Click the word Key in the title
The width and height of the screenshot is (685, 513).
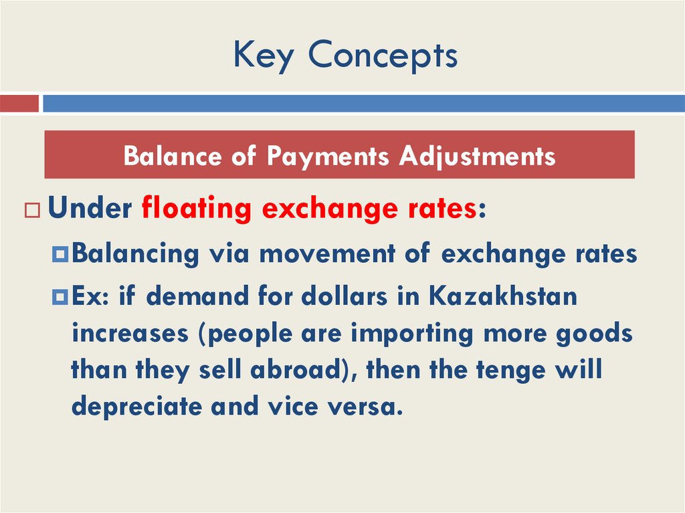263,56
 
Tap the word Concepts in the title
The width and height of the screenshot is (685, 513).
383,56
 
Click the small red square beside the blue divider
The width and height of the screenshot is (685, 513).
19,104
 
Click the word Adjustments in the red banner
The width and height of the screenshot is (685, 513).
477,157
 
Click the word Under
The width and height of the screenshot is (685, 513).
90,209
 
